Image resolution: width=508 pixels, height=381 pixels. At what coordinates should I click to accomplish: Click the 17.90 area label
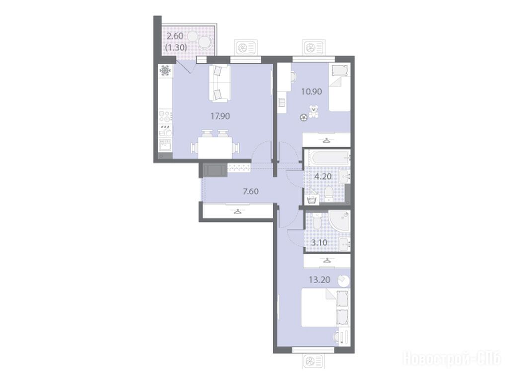pos(220,116)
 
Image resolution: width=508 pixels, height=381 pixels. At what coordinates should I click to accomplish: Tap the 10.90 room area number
pos(312,92)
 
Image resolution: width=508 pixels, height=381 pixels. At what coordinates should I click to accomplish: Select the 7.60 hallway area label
pos(251,191)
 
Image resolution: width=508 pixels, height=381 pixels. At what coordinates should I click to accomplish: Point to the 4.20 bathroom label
pos(323,177)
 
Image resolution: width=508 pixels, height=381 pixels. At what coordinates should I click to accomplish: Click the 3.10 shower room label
pos(319,242)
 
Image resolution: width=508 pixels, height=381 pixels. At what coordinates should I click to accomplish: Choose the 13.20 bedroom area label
pos(320,280)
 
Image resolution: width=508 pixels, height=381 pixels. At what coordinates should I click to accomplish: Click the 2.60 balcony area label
pos(175,35)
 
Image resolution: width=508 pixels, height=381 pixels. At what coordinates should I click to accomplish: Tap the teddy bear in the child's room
pos(313,111)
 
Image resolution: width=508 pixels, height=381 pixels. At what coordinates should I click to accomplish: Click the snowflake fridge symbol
pos(165,70)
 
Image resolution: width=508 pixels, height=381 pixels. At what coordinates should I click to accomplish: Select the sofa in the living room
pos(219,82)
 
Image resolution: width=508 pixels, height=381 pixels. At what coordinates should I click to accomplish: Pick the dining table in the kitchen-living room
pos(215,148)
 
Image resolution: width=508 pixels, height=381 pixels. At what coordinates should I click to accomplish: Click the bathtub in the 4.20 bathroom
pos(328,158)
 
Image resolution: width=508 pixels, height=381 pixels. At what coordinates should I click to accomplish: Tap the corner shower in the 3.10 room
pos(339,221)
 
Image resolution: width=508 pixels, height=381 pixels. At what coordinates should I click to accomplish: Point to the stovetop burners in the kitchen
pos(165,116)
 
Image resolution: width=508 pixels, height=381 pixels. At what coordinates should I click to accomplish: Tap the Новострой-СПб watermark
pos(451,359)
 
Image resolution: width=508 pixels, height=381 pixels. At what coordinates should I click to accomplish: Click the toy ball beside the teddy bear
pos(303,118)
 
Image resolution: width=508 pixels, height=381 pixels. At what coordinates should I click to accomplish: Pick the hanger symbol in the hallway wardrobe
pos(238,212)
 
